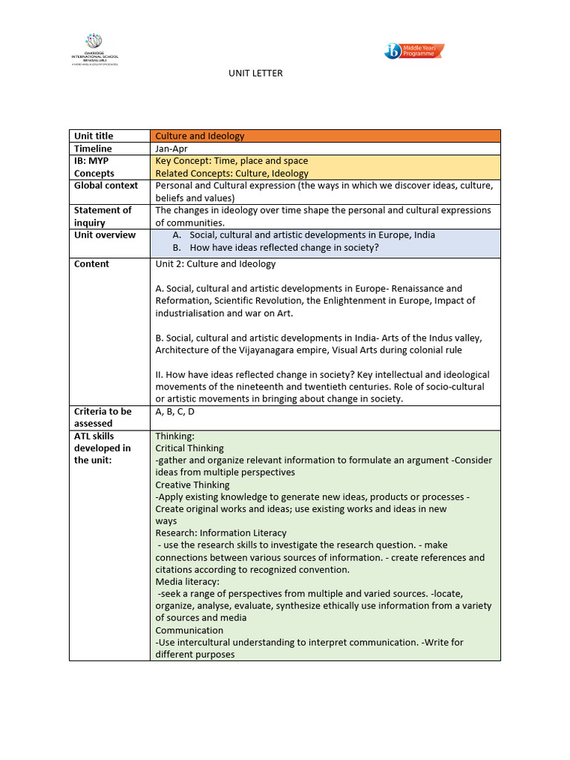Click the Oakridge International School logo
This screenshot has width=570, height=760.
coord(94,49)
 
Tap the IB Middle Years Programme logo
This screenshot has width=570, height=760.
coord(414,51)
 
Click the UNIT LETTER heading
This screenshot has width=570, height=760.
coord(255,73)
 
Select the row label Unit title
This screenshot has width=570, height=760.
coord(94,136)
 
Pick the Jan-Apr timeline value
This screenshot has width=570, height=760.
coord(171,148)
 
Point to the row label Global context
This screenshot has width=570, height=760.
coord(106,186)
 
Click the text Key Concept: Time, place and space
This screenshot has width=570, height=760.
coord(232,161)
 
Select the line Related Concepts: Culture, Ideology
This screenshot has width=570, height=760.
coord(232,174)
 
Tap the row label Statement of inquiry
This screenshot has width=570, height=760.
coord(102,216)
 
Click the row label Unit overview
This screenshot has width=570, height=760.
coord(105,235)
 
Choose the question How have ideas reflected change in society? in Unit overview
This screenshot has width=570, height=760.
coord(284,248)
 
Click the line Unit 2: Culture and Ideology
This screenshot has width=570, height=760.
coord(215,264)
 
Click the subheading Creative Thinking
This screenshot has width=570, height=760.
coord(192,485)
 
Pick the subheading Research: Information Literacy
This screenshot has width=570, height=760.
coord(220,533)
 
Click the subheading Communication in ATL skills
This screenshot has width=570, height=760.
coord(189,630)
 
